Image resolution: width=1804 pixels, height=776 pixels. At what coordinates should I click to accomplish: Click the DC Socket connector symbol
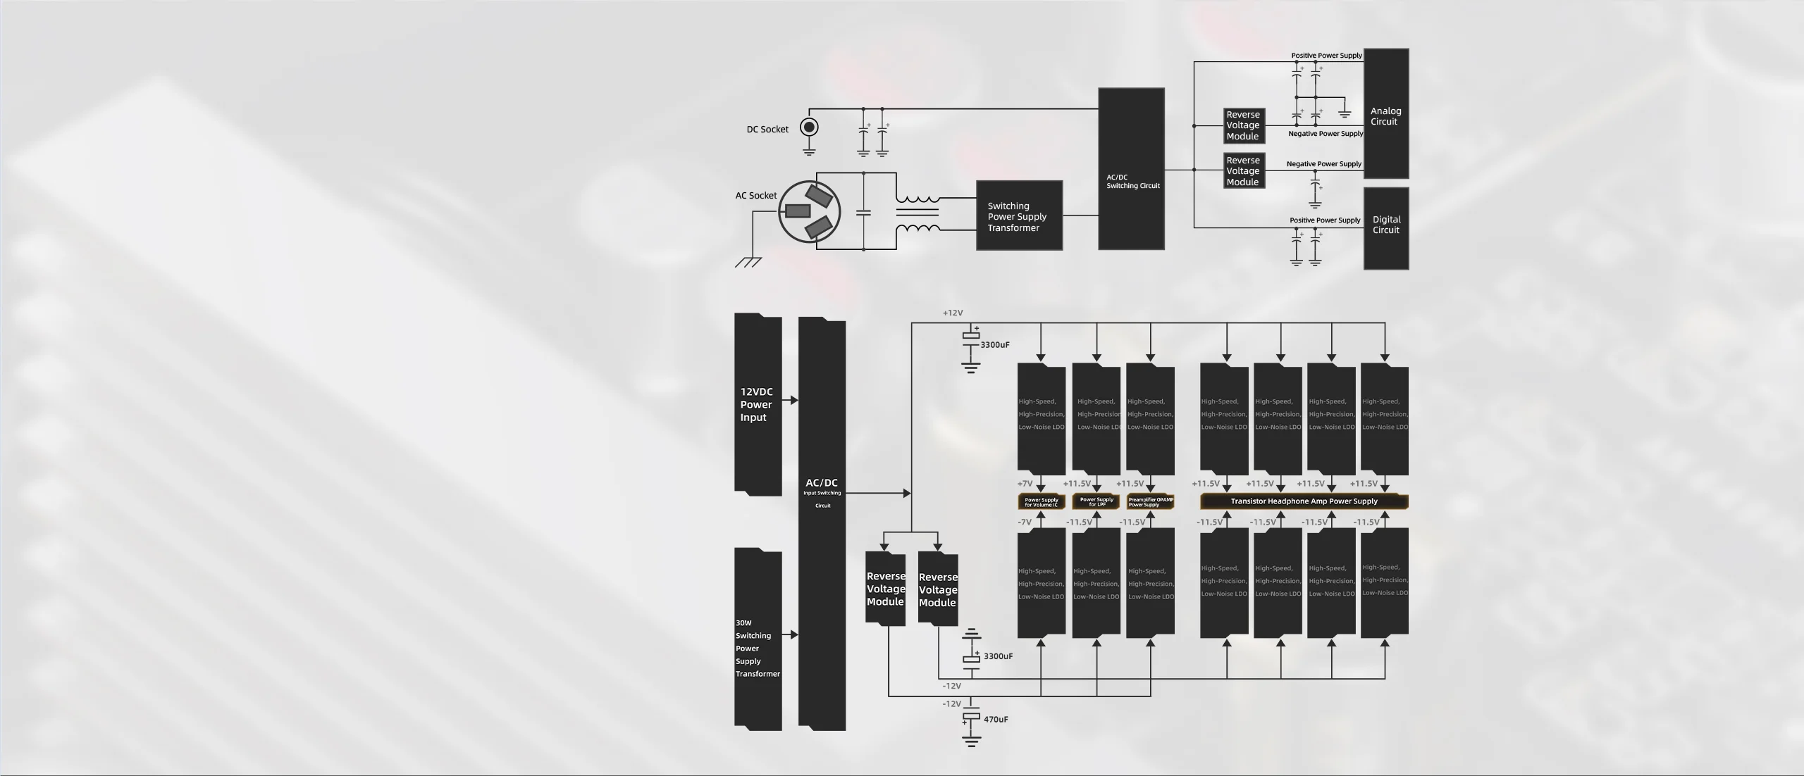pyautogui.click(x=809, y=127)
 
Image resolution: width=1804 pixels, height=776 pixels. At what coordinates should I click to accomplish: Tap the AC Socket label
pyautogui.click(x=755, y=196)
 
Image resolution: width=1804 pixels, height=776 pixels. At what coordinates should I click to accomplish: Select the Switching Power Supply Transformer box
pyautogui.click(x=1019, y=215)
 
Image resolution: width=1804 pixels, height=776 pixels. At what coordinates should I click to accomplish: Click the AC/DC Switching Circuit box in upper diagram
pyautogui.click(x=1131, y=169)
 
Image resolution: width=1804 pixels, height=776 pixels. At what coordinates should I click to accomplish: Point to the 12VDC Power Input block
pyautogui.click(x=758, y=405)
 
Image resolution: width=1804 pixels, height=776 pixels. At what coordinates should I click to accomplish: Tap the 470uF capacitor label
pyautogui.click(x=996, y=720)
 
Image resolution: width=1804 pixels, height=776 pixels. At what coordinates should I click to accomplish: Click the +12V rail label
pyautogui.click(x=953, y=313)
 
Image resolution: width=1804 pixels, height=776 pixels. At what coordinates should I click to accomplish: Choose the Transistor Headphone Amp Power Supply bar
pyautogui.click(x=1304, y=501)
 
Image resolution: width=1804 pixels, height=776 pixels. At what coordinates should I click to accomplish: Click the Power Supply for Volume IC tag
pyautogui.click(x=1041, y=501)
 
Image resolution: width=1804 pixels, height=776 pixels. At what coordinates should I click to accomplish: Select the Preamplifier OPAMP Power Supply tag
pyautogui.click(x=1150, y=501)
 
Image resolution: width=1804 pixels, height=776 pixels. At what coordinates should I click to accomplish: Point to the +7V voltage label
pyautogui.click(x=1025, y=484)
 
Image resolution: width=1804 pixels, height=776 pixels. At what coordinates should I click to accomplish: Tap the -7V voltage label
pyautogui.click(x=1025, y=522)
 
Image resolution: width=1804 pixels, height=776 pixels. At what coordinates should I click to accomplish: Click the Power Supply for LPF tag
pyautogui.click(x=1096, y=501)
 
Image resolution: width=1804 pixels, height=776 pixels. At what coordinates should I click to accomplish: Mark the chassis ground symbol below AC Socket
pyautogui.click(x=748, y=262)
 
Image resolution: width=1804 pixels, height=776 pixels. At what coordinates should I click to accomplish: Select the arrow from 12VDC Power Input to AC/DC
pyautogui.click(x=790, y=401)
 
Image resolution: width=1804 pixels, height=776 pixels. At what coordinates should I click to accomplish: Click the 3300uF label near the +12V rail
pyautogui.click(x=995, y=345)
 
